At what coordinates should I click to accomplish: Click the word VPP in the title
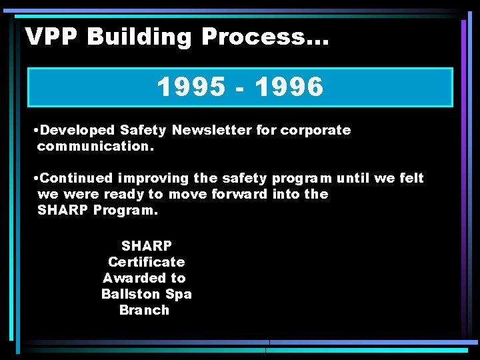(x=51, y=37)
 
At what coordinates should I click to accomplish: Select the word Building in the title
(x=139, y=37)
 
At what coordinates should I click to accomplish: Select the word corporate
(x=315, y=131)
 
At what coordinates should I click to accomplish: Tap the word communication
(x=95, y=146)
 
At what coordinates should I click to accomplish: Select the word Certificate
(x=146, y=262)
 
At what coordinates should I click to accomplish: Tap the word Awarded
(x=134, y=278)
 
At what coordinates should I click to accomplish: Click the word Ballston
(x=130, y=294)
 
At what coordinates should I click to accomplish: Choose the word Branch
(x=144, y=310)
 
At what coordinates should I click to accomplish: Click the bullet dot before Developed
(x=35, y=131)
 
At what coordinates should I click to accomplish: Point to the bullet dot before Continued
(x=35, y=179)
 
